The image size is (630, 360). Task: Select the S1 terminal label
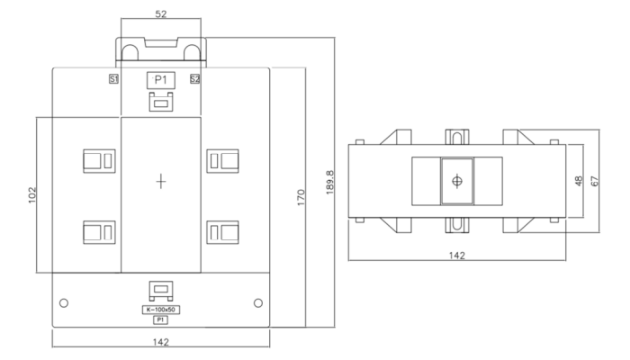click(113, 80)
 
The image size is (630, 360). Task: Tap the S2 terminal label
click(194, 80)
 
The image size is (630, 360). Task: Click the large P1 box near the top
click(160, 80)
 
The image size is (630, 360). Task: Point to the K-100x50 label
click(160, 310)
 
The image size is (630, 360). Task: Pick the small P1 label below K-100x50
click(160, 319)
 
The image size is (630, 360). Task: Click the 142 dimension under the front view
click(160, 342)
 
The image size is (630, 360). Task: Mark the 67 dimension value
click(596, 181)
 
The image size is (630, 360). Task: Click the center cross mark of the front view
click(161, 181)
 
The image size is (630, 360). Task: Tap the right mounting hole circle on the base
click(258, 301)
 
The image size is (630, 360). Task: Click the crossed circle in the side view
click(457, 181)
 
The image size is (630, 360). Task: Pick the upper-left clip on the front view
click(97, 160)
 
